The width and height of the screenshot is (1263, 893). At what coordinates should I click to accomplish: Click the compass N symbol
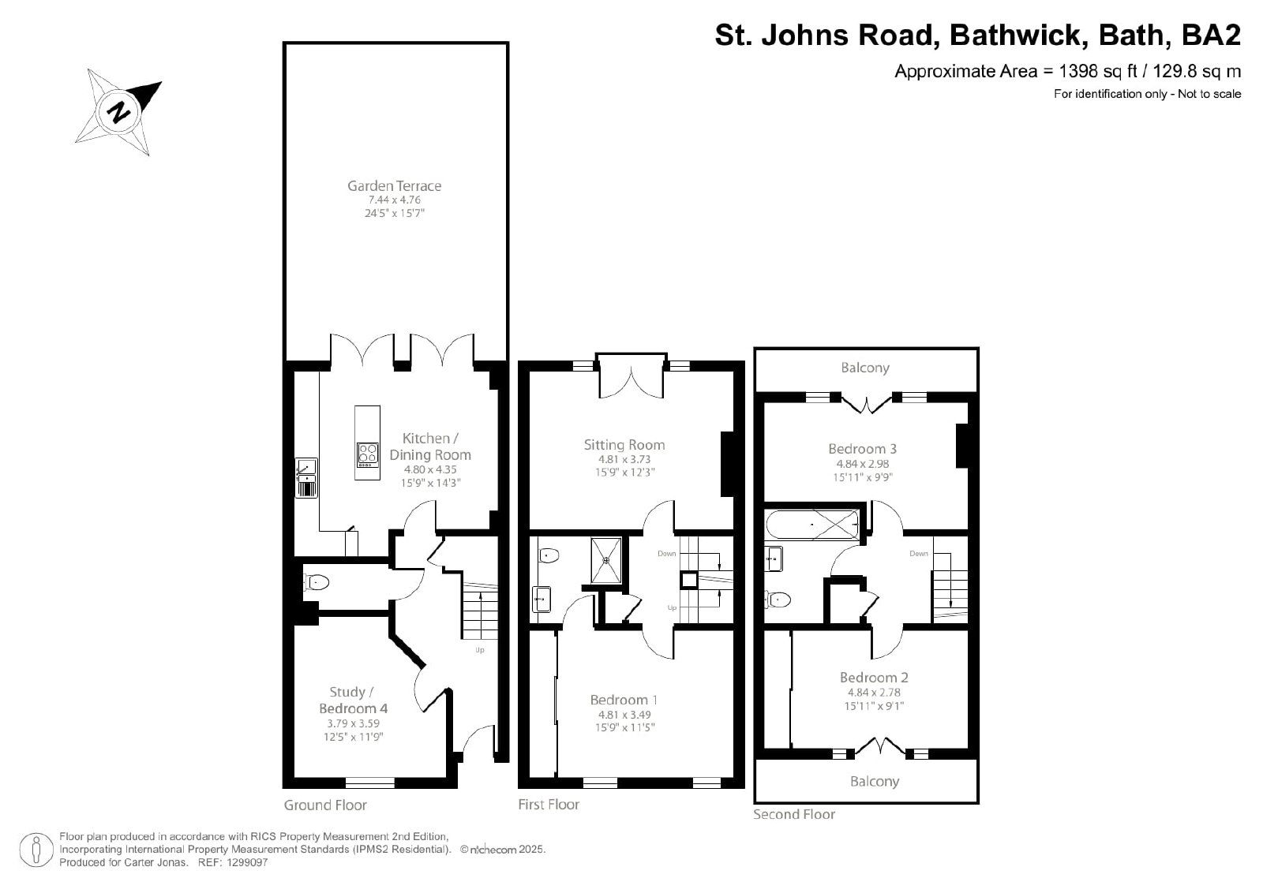[x=118, y=112]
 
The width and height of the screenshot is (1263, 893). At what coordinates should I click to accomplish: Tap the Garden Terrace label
[x=394, y=185]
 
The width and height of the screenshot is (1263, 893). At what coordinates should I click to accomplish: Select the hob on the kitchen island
[x=367, y=455]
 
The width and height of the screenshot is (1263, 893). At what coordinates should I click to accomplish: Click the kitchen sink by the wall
[x=306, y=478]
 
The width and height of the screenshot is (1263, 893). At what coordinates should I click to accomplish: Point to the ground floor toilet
[x=316, y=581]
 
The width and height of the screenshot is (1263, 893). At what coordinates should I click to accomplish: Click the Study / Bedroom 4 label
[x=353, y=700]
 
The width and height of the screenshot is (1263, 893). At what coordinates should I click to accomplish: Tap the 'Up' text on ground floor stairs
[x=480, y=649]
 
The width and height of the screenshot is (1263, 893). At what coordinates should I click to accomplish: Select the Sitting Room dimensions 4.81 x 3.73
[x=624, y=459]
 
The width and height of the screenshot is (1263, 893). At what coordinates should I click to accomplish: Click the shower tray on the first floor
[x=606, y=560]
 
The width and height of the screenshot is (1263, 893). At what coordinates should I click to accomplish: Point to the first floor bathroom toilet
[x=548, y=555]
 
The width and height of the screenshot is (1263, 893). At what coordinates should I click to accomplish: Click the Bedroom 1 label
[x=624, y=700]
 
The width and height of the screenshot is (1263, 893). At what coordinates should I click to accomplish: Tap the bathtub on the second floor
[x=812, y=525]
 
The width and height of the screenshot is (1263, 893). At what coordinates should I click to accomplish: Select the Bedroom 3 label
[x=862, y=448]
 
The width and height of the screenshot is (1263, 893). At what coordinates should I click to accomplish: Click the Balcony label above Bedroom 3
[x=865, y=368]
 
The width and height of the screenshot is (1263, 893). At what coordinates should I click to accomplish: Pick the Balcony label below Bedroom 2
[x=875, y=782]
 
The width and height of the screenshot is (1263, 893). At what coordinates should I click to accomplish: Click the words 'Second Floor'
[x=794, y=814]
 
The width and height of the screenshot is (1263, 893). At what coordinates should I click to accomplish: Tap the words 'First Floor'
[x=549, y=805]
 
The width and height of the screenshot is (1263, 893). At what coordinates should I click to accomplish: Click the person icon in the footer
[x=36, y=850]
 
